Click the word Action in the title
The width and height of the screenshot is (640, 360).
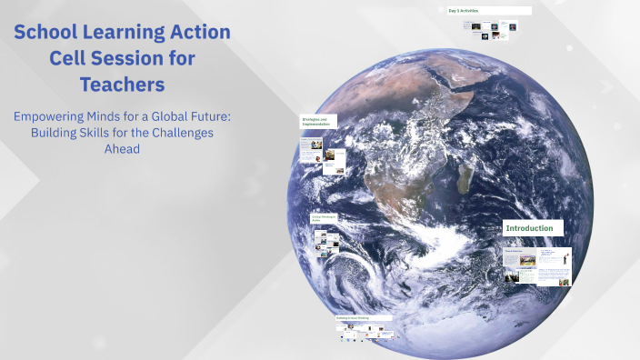click(x=200, y=34)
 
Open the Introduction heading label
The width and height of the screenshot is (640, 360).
click(x=534, y=227)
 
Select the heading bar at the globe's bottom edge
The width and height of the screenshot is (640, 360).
click(x=365, y=318)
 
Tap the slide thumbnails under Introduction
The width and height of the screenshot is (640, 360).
click(x=537, y=265)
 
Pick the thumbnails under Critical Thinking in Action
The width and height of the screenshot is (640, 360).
click(x=327, y=241)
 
